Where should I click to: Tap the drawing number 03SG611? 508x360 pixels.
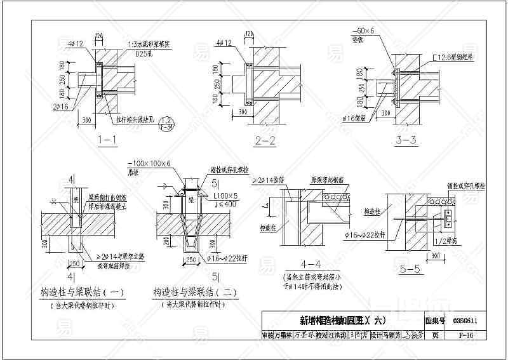466,321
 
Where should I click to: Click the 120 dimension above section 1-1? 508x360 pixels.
98,35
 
